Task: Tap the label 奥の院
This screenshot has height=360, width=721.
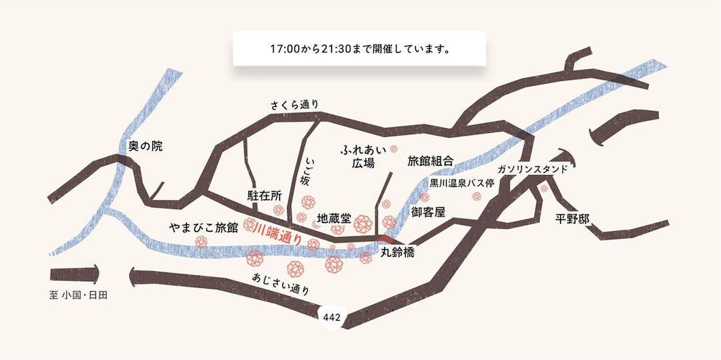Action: tap(146, 146)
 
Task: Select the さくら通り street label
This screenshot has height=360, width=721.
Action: tap(294, 105)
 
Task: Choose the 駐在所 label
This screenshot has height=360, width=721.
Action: tap(264, 195)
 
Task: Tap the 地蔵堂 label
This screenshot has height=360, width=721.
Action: tap(334, 218)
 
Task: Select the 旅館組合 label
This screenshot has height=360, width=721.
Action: tap(431, 161)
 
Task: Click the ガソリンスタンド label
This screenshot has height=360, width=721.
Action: tap(532, 169)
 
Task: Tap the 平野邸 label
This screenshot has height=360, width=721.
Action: tap(574, 218)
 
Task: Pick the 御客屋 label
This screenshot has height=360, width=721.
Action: tap(428, 212)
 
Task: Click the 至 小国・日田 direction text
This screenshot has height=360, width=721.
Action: tap(78, 295)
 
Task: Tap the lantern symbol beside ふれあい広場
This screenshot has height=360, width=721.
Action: tap(394, 150)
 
